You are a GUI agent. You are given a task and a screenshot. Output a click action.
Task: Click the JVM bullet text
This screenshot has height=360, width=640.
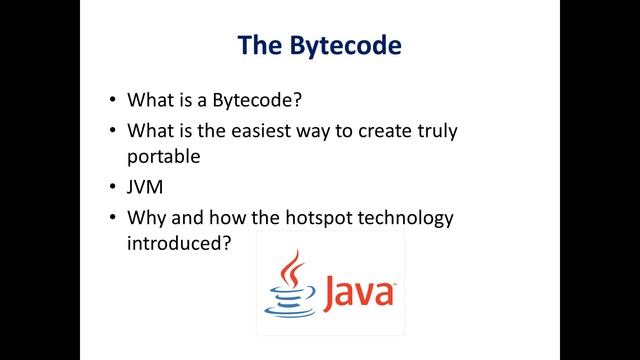(x=145, y=186)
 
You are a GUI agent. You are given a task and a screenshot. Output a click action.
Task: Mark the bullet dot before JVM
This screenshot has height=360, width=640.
(x=110, y=187)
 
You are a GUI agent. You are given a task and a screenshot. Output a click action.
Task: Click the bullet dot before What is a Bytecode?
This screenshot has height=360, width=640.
(x=110, y=101)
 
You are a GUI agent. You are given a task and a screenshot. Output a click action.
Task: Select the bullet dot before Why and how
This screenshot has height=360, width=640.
(x=110, y=217)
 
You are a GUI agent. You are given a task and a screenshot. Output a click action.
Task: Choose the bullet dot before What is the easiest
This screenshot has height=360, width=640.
(x=110, y=131)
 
